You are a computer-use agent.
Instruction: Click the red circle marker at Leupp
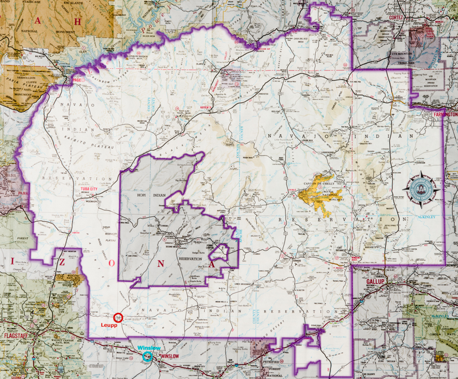pyautogui.click(x=119, y=317)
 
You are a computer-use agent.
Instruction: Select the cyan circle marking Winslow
pyautogui.click(x=147, y=356)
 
